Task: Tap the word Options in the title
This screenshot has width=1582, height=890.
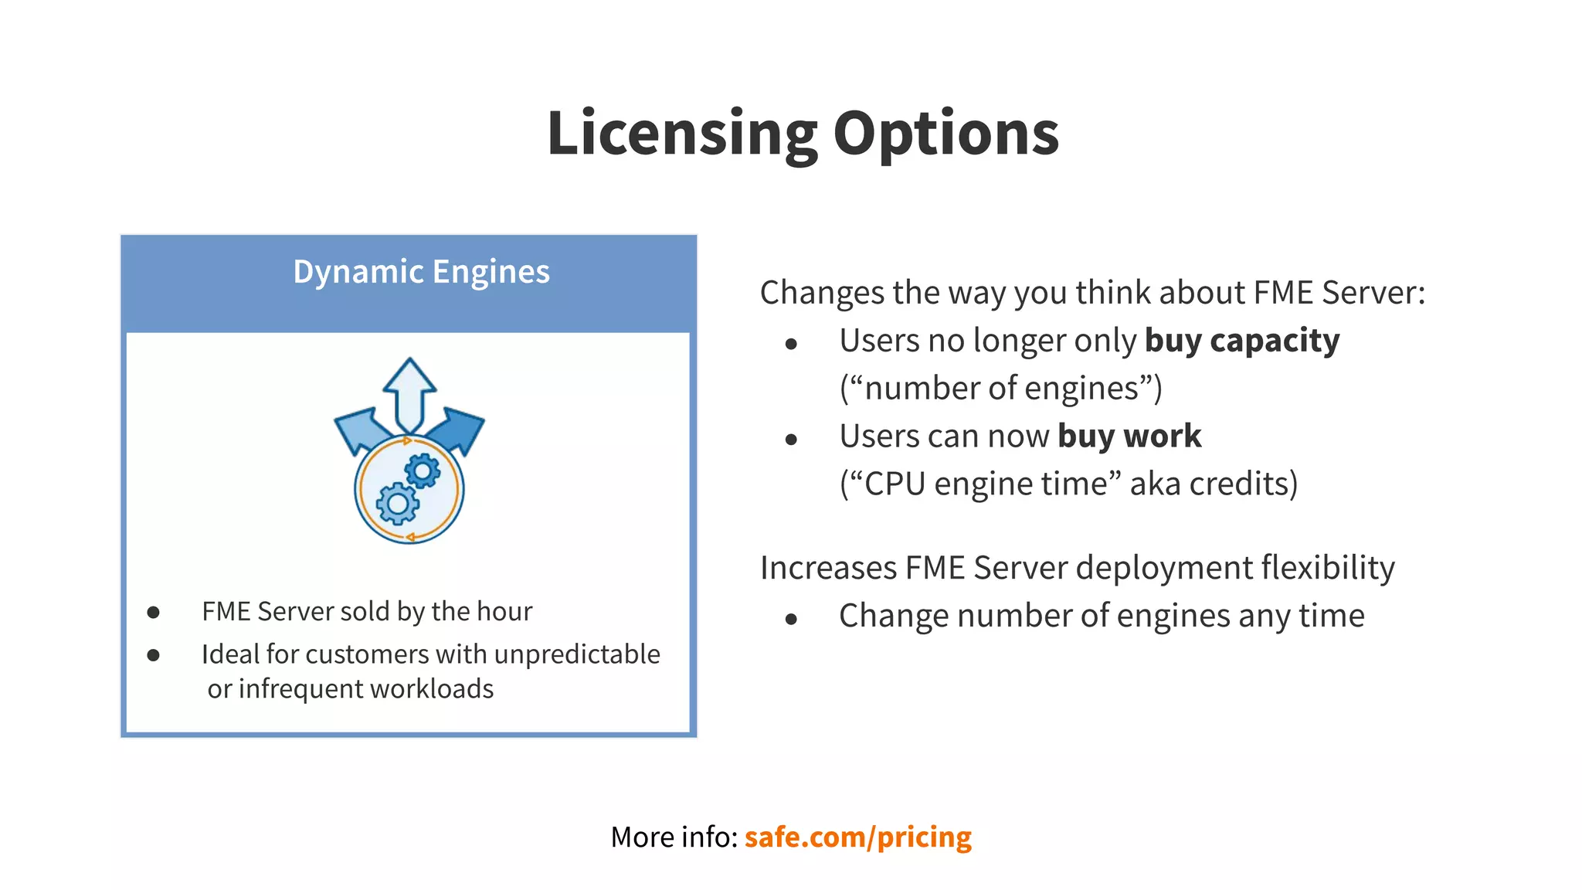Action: pos(945,134)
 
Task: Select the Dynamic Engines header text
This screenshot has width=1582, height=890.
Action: pos(421,272)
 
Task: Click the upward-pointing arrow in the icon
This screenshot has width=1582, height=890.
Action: pos(409,390)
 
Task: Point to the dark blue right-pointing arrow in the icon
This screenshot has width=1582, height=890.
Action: pos(460,429)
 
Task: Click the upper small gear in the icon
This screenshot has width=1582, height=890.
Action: pos(423,470)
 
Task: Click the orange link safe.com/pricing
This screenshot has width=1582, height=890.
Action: pos(857,837)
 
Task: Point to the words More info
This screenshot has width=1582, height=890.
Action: pos(674,837)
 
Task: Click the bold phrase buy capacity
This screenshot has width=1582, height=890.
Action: pos(1242,341)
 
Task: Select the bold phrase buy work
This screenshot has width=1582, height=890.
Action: pos(1129,437)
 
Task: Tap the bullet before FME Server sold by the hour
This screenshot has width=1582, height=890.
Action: pos(153,613)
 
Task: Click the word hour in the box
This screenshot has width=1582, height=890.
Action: pos(504,611)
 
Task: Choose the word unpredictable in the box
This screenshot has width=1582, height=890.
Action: pos(577,654)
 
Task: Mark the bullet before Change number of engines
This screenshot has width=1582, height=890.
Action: pos(790,619)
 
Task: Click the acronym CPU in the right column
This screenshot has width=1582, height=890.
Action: pos(895,484)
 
